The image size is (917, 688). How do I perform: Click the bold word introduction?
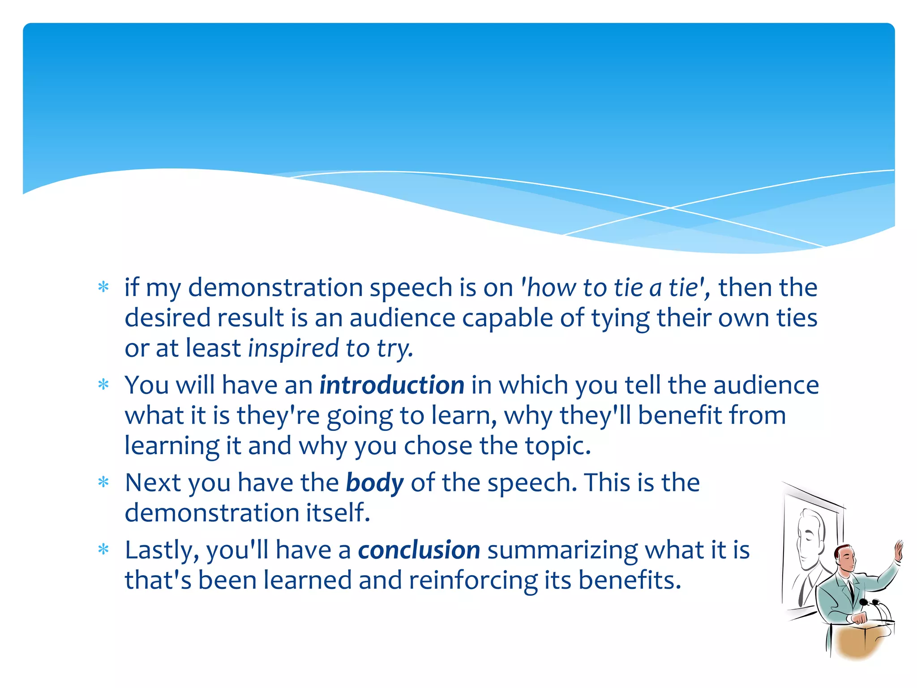[x=392, y=385]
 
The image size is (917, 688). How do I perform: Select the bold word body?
[x=375, y=483]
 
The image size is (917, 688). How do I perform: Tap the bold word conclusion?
[x=419, y=550]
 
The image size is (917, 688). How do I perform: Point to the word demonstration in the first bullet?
[x=275, y=288]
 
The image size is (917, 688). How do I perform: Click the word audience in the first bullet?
[x=402, y=318]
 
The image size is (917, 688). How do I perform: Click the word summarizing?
[x=562, y=551]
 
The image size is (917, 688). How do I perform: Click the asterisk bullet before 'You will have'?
[x=103, y=385]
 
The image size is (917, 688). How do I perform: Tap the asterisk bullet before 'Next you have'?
[x=103, y=482]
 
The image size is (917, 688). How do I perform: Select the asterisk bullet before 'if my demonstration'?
[x=103, y=287]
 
